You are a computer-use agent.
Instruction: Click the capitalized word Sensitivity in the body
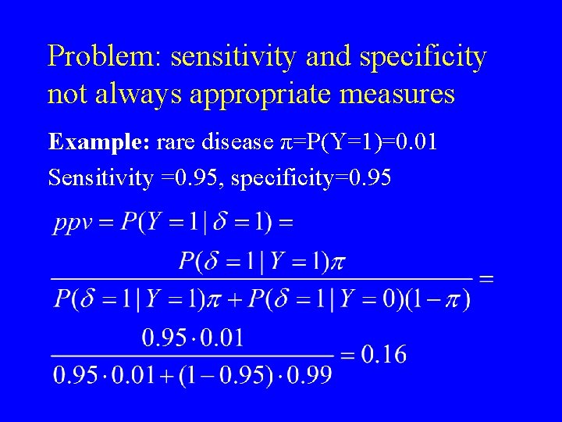tap(101, 178)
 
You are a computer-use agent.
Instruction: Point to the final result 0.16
tap(383, 355)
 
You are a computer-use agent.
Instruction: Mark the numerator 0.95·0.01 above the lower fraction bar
tap(193, 338)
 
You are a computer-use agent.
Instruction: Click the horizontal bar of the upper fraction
tap(261, 278)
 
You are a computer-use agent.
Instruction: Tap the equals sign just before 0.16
tap(347, 356)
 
